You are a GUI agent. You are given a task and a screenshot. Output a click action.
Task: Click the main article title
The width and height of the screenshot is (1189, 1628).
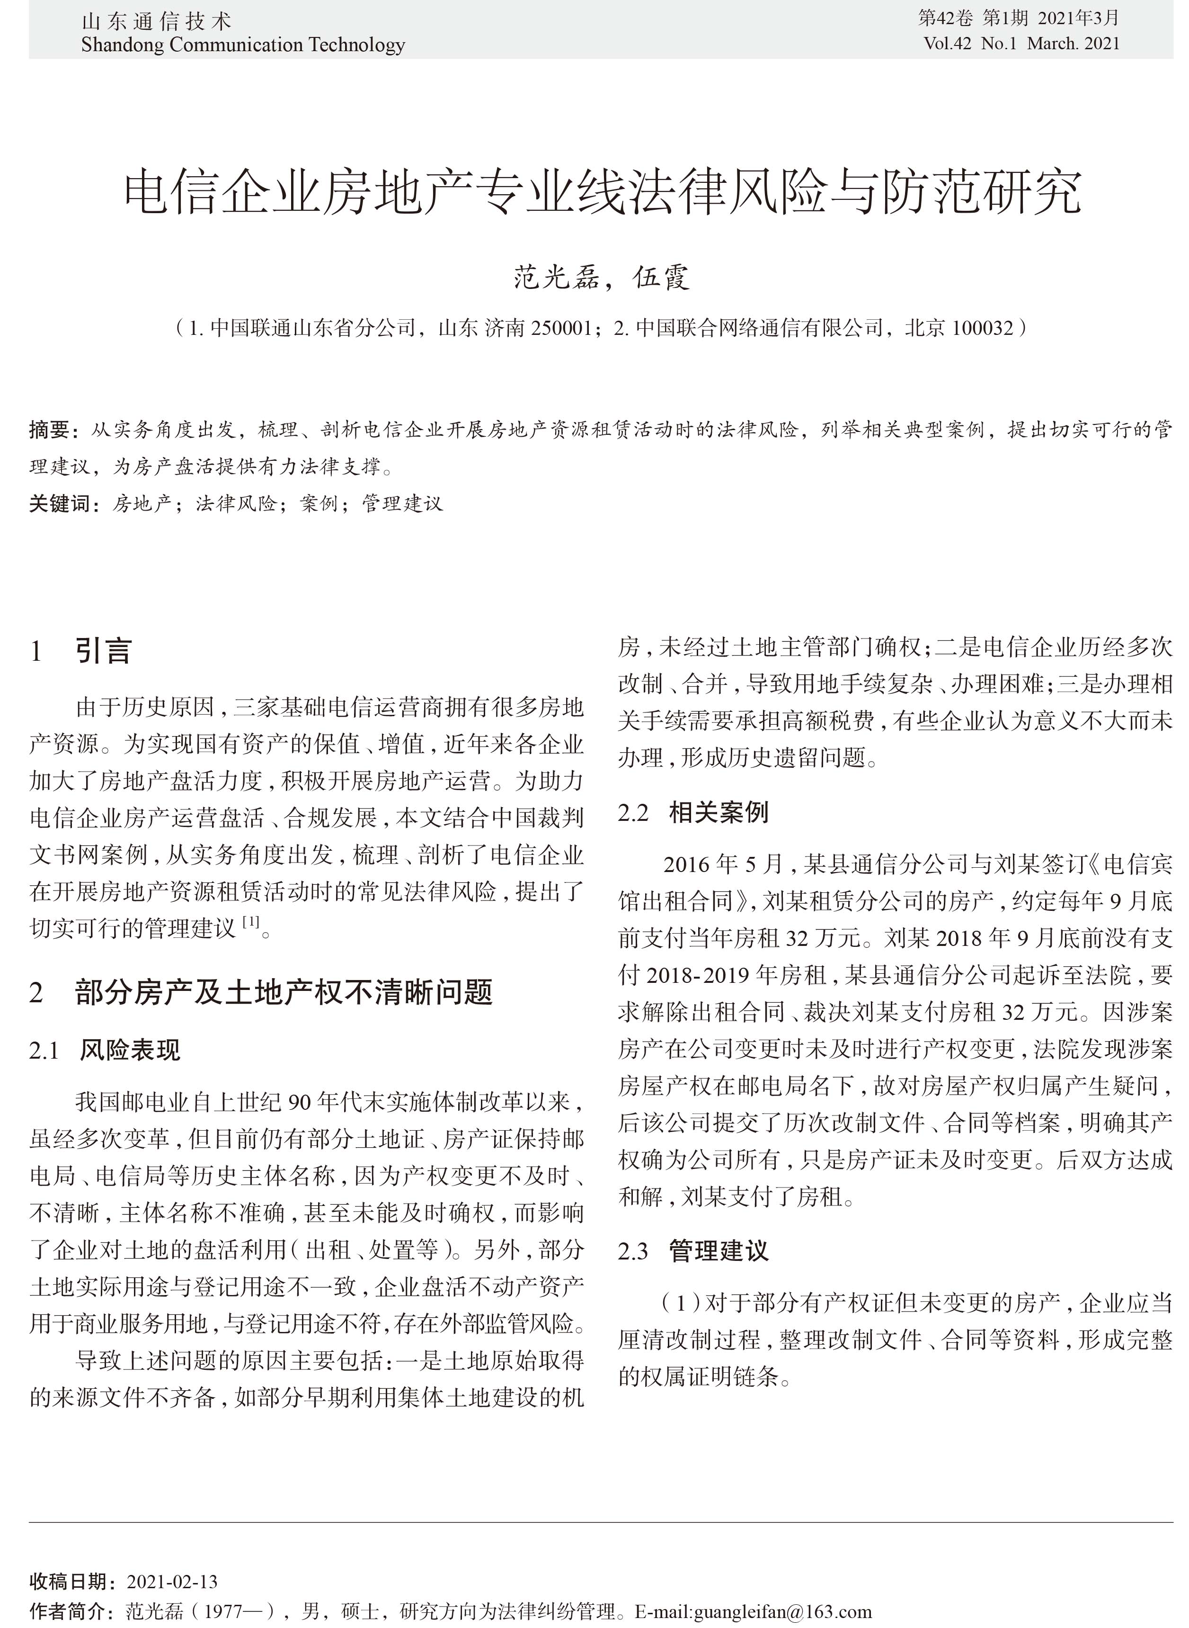603,192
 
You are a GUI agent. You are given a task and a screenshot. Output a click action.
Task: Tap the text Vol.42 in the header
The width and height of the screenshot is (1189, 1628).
947,44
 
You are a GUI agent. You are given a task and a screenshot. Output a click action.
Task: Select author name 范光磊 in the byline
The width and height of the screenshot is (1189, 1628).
556,277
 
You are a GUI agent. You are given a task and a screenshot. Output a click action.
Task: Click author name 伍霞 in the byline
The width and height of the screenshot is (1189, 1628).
661,277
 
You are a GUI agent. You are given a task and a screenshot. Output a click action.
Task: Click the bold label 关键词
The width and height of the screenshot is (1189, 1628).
59,504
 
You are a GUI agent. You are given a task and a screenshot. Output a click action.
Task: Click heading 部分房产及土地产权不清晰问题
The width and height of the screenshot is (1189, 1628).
284,992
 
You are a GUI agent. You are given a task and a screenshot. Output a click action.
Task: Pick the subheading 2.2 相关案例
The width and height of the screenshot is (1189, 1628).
693,812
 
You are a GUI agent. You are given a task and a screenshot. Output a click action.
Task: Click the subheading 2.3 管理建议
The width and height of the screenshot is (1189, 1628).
693,1250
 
